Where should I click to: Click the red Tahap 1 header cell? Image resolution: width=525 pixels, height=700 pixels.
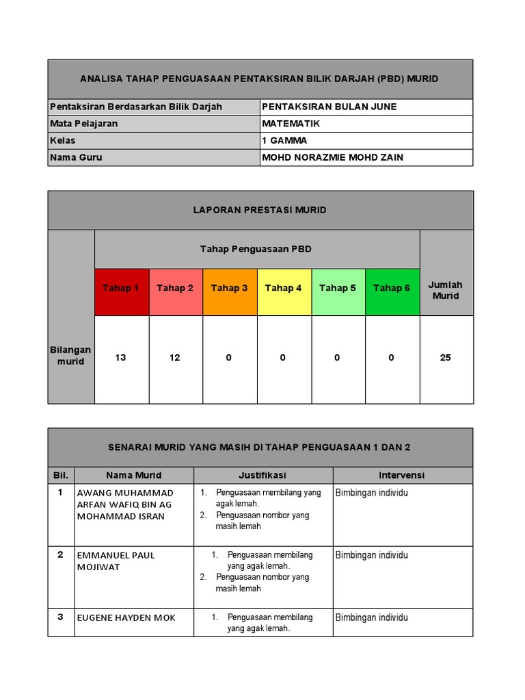[x=121, y=288]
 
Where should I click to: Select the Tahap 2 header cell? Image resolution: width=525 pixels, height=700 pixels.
[x=175, y=288]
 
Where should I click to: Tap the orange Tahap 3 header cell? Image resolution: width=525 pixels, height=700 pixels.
[x=229, y=288]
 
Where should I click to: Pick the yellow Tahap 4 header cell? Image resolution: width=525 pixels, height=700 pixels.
[x=283, y=288]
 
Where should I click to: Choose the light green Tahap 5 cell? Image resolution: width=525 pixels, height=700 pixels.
[x=337, y=288]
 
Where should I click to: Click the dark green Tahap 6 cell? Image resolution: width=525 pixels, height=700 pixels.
[x=392, y=288]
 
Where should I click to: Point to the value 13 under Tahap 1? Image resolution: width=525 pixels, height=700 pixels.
[x=121, y=358]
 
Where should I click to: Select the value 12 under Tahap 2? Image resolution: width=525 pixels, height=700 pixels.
[x=175, y=358]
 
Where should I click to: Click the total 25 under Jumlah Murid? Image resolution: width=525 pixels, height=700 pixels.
[x=446, y=358]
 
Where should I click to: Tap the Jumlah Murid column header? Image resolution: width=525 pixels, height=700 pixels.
[x=446, y=291]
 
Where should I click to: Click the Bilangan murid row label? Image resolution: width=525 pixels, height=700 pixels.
[x=71, y=355]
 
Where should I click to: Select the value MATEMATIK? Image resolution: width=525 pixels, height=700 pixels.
[x=291, y=124]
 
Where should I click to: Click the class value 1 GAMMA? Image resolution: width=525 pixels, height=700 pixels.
[x=284, y=141]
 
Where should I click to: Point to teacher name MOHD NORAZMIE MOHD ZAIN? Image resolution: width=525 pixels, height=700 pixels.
[x=332, y=157]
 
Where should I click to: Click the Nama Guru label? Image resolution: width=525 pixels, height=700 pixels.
[x=76, y=157]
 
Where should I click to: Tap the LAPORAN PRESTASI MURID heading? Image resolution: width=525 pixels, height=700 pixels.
[x=260, y=210]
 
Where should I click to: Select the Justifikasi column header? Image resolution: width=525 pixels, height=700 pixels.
[x=262, y=475]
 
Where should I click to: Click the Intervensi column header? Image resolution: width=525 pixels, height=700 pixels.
[x=402, y=475]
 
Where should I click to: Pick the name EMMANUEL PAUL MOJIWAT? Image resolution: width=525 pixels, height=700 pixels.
[x=116, y=561]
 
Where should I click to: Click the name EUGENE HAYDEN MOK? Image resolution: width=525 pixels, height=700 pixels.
[x=126, y=618]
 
